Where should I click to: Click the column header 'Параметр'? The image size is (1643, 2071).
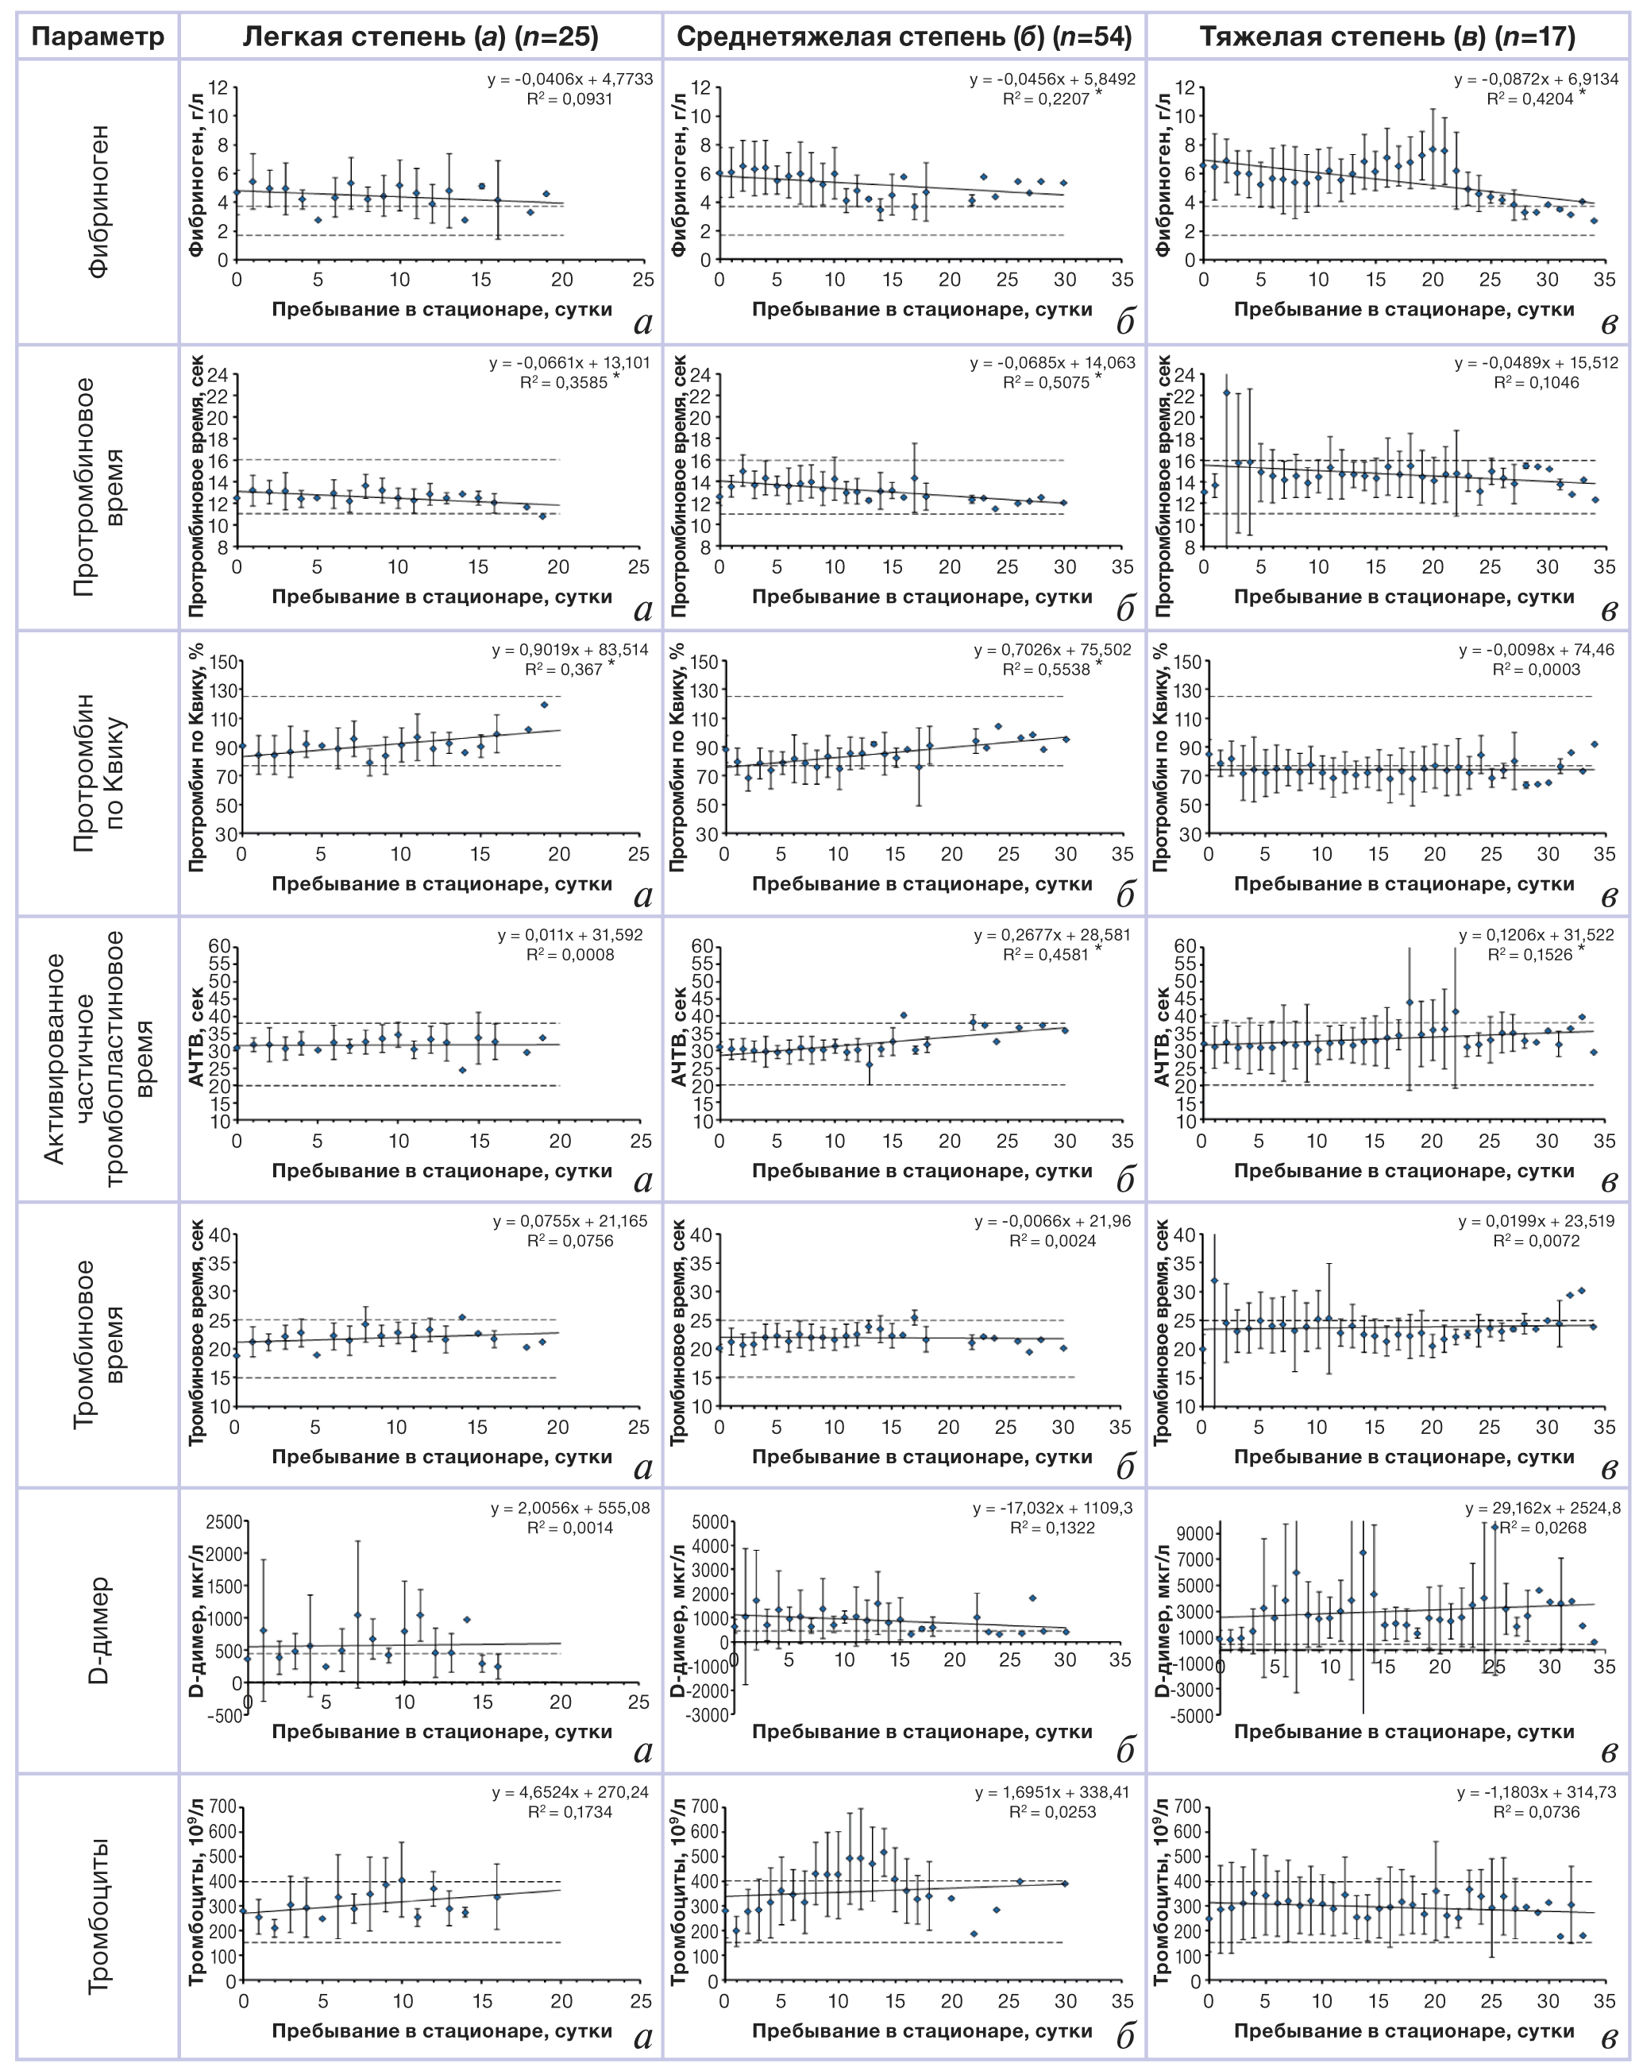(97, 37)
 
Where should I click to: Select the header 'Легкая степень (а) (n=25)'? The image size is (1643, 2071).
(421, 37)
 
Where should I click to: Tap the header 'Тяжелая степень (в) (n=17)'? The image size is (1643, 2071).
(1387, 37)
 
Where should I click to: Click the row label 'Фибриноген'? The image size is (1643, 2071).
(99, 201)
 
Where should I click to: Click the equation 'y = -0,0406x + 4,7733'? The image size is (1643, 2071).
(569, 79)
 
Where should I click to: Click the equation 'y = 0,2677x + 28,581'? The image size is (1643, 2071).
(1051, 935)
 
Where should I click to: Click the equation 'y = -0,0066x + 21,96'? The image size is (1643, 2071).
(1052, 1221)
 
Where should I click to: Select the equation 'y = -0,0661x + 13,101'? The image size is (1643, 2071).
(569, 363)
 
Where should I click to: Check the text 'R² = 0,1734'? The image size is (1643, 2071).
(569, 1812)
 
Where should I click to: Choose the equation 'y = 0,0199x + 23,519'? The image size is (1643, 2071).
(1537, 1221)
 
